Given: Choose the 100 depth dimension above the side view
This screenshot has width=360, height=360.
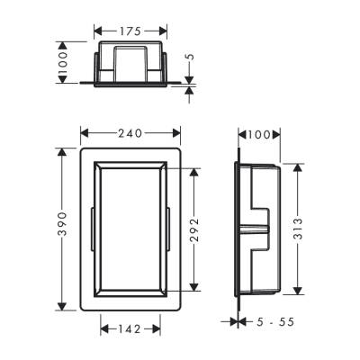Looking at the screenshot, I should pos(260,134).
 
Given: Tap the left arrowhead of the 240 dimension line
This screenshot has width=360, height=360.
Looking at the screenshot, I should pos(85,133).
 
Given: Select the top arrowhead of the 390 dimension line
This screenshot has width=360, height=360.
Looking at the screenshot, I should pos(60,147).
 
